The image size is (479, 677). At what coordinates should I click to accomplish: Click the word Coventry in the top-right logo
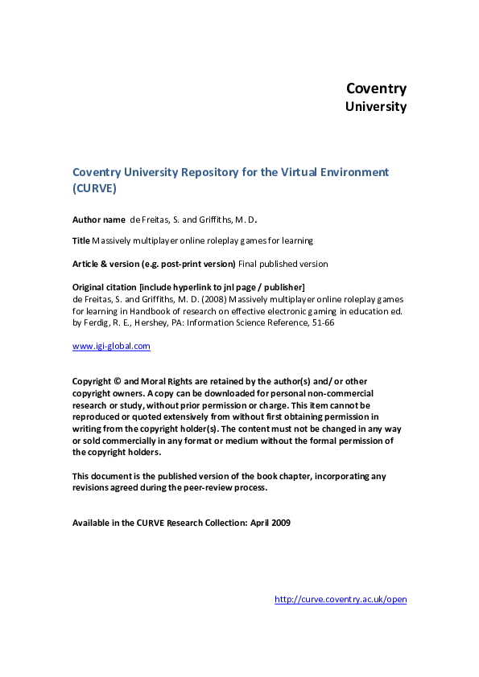coord(376,88)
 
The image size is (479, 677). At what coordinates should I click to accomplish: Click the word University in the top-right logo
coord(376,106)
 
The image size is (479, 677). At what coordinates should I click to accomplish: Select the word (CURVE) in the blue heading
coord(95,188)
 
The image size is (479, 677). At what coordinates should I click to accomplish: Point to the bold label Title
coord(81,240)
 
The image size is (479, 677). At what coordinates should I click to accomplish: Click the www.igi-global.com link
coord(111,347)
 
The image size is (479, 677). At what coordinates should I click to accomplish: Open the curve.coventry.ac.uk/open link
coord(341,599)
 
